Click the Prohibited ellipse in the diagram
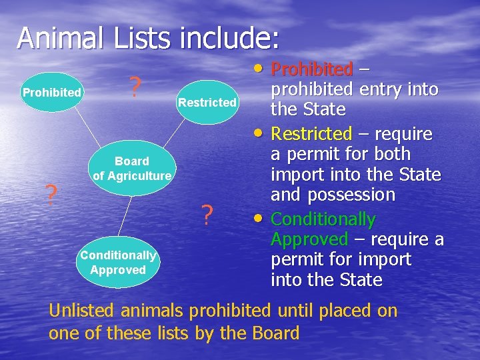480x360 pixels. pos(51,92)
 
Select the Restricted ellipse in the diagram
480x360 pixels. pos(207,103)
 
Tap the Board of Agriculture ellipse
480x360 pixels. pos(132,168)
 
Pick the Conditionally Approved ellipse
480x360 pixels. pos(118,263)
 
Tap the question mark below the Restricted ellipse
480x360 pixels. pos(207,215)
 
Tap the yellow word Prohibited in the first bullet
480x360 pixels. pos(312,69)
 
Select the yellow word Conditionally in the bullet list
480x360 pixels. pos(323,219)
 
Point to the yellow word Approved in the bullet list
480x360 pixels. pos(309,239)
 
